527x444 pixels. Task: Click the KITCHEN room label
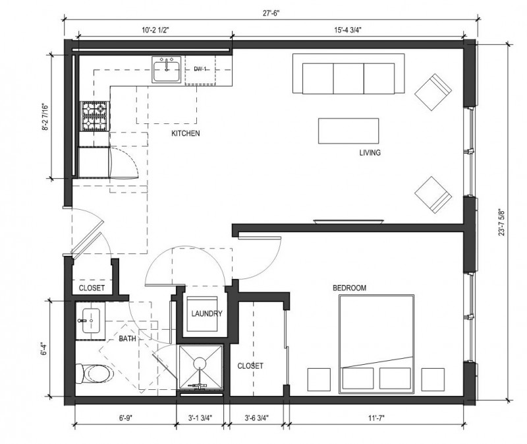(186, 133)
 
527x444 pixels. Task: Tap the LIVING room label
(370, 152)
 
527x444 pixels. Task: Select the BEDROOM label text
(349, 288)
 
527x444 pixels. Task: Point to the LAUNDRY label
(207, 314)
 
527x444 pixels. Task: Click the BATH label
(127, 338)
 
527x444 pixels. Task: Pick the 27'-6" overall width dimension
(271, 13)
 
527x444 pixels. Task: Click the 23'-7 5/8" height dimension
(501, 222)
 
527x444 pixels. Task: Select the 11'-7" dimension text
(376, 418)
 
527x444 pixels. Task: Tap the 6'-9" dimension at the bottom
(125, 418)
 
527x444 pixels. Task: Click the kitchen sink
(167, 69)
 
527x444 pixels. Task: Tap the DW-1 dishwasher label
(200, 69)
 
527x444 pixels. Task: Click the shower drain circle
(200, 363)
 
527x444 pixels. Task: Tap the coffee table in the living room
(348, 131)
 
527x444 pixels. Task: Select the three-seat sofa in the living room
(348, 73)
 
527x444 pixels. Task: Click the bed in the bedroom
(376, 344)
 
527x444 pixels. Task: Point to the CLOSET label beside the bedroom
(250, 365)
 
